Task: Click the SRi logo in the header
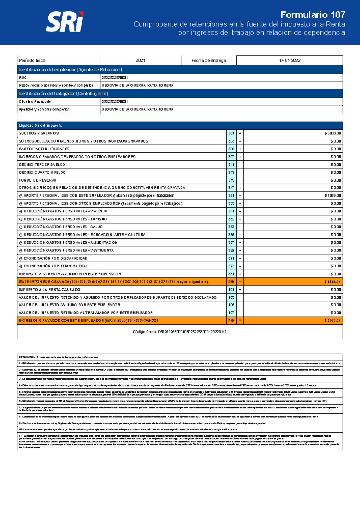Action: (65, 22)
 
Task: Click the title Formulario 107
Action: (313, 15)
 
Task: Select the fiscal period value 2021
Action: (140, 60)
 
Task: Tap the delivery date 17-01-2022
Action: (289, 60)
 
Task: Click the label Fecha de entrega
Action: (209, 60)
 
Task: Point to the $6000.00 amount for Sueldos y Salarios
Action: (332, 133)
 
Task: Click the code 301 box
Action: (231, 133)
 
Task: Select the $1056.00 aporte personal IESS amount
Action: (332, 196)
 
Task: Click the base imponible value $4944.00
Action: (332, 282)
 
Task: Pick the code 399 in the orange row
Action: (231, 282)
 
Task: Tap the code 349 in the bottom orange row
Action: (231, 321)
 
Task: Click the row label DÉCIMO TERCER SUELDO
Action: (42, 164)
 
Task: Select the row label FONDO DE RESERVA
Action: (38, 180)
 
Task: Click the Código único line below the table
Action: (180, 332)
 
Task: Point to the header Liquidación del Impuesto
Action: (41, 125)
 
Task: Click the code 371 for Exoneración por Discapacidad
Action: (231, 258)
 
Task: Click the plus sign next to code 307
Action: (240, 157)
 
